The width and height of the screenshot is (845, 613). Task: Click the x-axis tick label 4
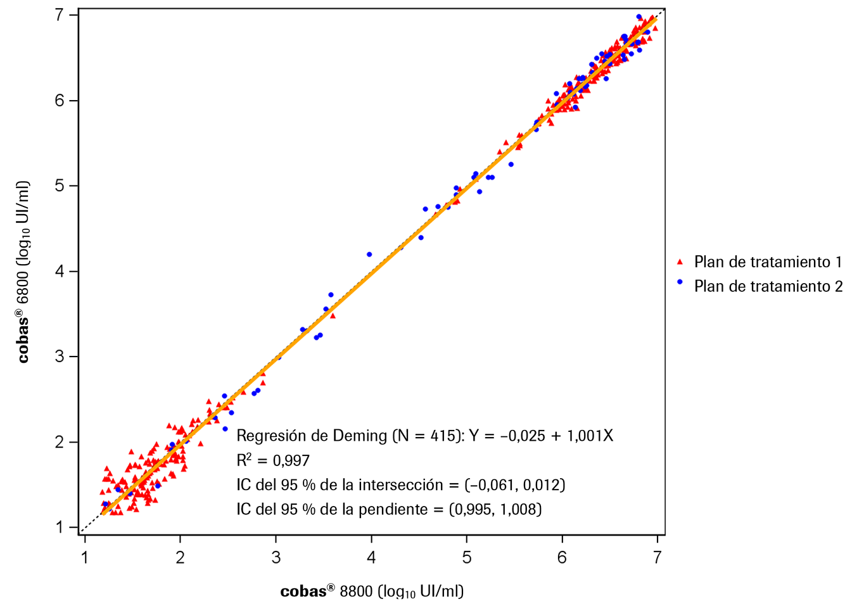coord(371,558)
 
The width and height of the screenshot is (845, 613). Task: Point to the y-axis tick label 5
coord(60,186)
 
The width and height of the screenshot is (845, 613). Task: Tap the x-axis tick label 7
coord(657,558)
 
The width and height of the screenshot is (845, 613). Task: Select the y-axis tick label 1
coord(60,528)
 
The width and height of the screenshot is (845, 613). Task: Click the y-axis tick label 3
coord(60,357)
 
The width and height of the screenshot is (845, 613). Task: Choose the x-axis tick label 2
coord(181,558)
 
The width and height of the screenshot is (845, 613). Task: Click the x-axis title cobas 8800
coord(372,591)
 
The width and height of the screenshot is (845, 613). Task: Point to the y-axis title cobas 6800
coord(23,272)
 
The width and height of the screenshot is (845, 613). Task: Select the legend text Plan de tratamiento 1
coord(768,262)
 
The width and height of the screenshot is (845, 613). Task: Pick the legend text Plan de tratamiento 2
coord(768,286)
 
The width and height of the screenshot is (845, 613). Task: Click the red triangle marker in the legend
coord(680,262)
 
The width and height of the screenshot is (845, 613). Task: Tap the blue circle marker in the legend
coord(680,282)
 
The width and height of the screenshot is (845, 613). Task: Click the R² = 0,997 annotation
coord(273,460)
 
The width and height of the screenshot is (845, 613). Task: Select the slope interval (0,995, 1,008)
coord(495,509)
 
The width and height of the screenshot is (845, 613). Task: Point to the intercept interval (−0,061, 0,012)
coord(514,485)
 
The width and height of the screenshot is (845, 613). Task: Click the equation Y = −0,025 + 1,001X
coord(541,436)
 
